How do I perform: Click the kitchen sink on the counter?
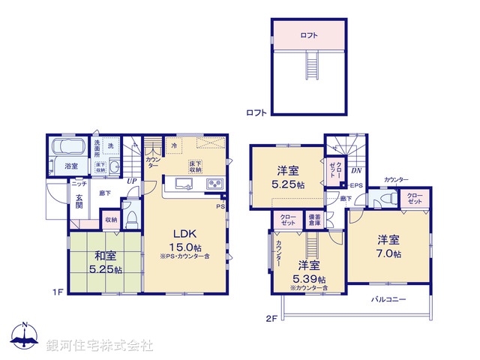pos(184,183)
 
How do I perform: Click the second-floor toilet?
pos(385,199)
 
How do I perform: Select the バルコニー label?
pos(388,299)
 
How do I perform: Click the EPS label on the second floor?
pos(358,186)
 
